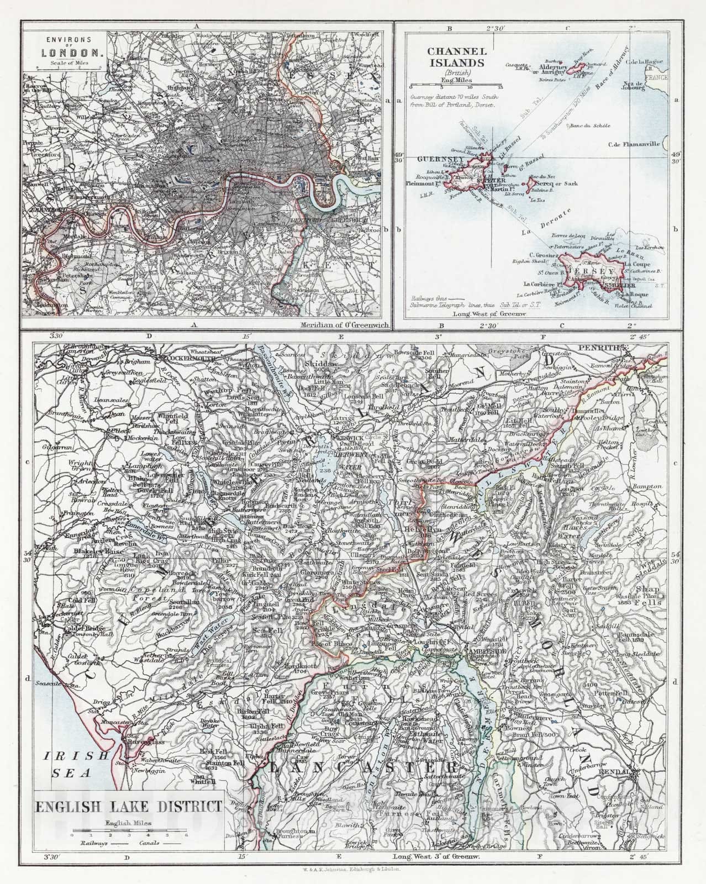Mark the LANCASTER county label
pyautogui.click(x=362, y=769)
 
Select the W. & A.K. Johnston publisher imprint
pyautogui.click(x=353, y=869)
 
